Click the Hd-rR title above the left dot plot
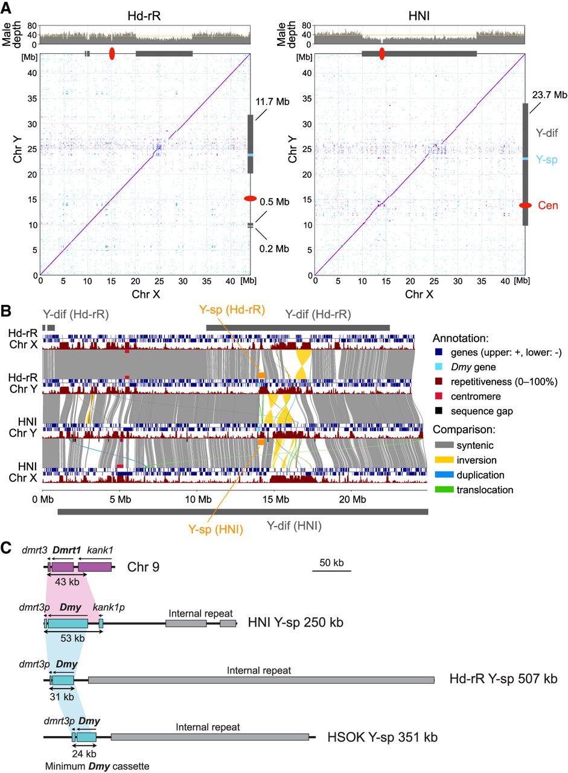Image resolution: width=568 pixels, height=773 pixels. tap(144, 16)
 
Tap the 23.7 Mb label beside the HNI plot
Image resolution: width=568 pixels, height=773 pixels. tap(549, 95)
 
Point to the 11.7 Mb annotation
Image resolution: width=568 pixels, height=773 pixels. tap(272, 102)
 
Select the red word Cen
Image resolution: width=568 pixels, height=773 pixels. tap(548, 205)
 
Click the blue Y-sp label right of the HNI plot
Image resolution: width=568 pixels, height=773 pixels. tap(547, 159)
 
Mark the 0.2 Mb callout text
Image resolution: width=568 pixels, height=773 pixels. tap(274, 248)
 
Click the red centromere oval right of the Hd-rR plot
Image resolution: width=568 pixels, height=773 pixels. tap(250, 199)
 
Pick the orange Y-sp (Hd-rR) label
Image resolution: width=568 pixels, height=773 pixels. tap(232, 310)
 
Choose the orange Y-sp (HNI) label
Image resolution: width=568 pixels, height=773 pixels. tap(215, 529)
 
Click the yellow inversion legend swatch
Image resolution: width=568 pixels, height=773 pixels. tap(444, 460)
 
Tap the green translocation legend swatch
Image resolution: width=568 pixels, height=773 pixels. tap(444, 489)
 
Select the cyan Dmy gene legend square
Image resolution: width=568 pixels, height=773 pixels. tap(439, 367)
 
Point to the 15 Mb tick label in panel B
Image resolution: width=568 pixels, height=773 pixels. tap(276, 499)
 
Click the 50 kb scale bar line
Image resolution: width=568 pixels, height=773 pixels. tap(332, 571)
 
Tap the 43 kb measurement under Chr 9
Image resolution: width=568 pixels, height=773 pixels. tap(67, 582)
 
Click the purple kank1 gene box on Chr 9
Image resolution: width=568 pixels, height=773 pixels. tap(95, 567)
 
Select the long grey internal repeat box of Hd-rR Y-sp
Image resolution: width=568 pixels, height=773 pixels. tap(261, 680)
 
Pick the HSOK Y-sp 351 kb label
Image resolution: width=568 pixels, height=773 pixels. tap(383, 737)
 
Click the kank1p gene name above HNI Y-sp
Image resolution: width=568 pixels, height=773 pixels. tap(109, 608)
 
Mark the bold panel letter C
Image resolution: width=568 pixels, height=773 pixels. tap(6, 548)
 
